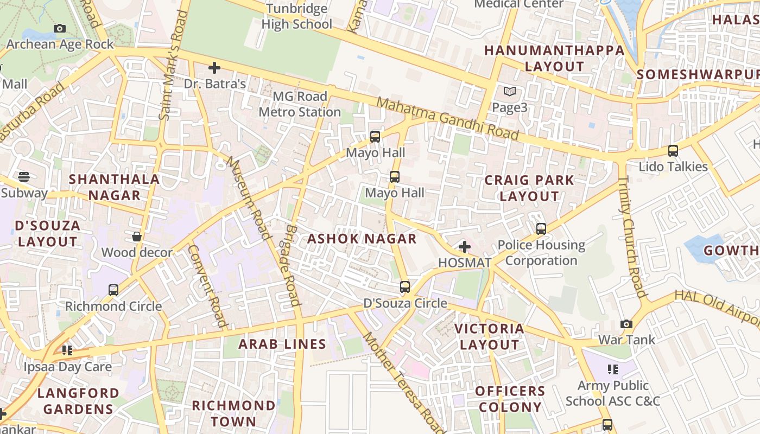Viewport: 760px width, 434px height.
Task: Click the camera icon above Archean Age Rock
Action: click(x=60, y=28)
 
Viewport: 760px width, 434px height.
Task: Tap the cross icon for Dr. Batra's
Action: click(x=214, y=68)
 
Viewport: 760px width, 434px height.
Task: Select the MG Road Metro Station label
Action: click(x=300, y=104)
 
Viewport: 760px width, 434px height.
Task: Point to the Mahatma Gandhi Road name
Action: click(x=447, y=118)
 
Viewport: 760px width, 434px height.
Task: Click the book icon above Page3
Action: click(x=509, y=91)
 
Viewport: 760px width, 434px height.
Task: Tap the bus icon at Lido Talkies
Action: click(x=673, y=151)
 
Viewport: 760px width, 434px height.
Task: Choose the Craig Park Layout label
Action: click(x=529, y=188)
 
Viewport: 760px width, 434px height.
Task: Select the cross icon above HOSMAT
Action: click(x=464, y=247)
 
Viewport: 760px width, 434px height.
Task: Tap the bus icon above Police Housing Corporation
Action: click(x=541, y=229)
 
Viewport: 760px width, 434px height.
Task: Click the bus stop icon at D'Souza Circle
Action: click(x=405, y=287)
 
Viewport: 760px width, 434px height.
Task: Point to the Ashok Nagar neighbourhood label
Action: click(x=362, y=239)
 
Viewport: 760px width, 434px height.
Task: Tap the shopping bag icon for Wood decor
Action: click(x=137, y=237)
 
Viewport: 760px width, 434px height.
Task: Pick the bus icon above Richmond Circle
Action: click(x=113, y=290)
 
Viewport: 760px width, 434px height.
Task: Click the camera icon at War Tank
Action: click(x=626, y=324)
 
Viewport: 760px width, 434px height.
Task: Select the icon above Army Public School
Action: click(x=613, y=369)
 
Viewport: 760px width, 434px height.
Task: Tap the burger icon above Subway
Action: click(x=24, y=176)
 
